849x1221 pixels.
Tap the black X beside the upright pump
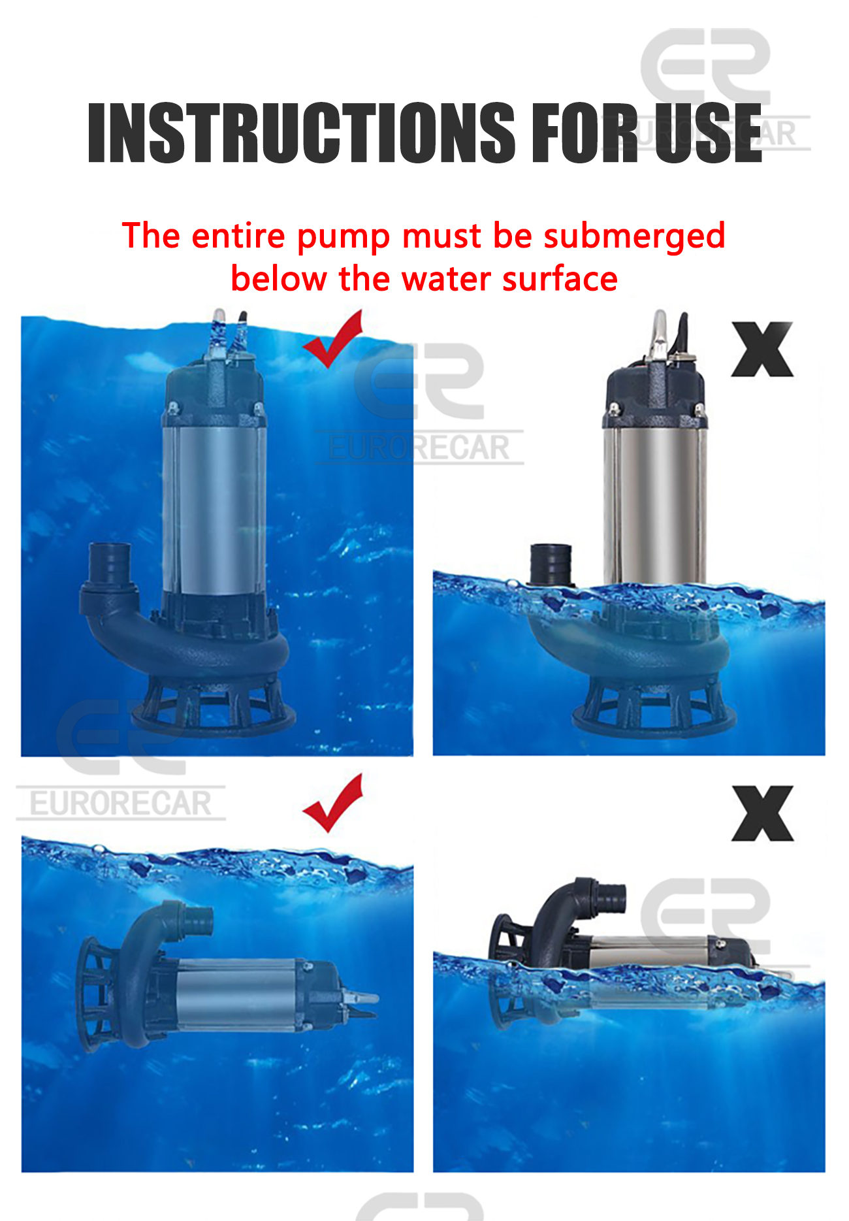click(x=762, y=350)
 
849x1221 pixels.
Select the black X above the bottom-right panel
click(x=762, y=813)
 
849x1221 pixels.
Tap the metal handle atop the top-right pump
click(x=660, y=333)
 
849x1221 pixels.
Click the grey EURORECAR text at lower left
click(x=121, y=804)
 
